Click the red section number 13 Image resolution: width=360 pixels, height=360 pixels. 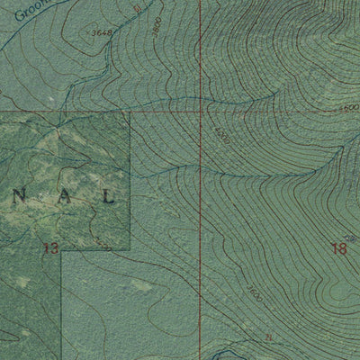click(x=50, y=247)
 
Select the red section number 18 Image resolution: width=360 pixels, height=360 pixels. click(x=338, y=247)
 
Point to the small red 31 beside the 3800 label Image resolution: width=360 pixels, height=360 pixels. click(x=136, y=10)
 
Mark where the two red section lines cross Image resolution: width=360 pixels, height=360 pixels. click(x=200, y=113)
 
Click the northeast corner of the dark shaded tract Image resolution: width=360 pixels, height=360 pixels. click(x=130, y=113)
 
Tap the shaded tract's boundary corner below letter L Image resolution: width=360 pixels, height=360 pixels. click(x=130, y=250)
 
